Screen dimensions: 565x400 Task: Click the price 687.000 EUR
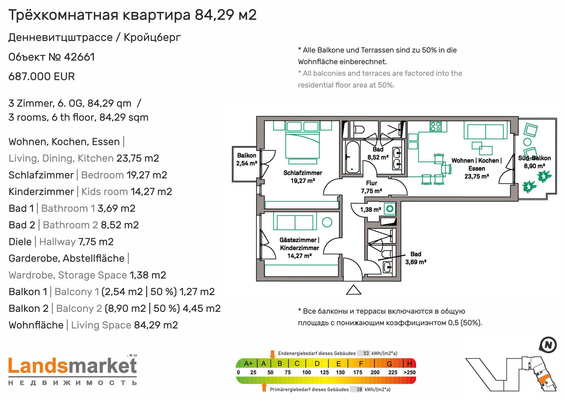coord(42,77)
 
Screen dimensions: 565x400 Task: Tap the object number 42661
coord(79,57)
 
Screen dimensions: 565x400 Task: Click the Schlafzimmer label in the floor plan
coord(303,173)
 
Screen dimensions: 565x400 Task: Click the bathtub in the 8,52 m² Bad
coord(352,157)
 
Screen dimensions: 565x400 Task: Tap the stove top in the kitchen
coord(435,126)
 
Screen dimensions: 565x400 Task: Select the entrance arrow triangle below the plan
coord(354,290)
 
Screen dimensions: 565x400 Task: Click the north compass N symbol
coord(548,345)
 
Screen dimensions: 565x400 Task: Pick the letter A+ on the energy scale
coord(248,364)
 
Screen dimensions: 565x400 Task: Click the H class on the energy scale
coord(410,364)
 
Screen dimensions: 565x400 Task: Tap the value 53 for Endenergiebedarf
coord(366,353)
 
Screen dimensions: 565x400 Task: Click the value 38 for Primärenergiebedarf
coord(359,390)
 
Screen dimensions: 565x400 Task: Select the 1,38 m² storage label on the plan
coord(370,210)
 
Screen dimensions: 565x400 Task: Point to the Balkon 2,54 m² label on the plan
coord(247,159)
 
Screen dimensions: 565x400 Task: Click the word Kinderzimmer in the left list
coord(41,192)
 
